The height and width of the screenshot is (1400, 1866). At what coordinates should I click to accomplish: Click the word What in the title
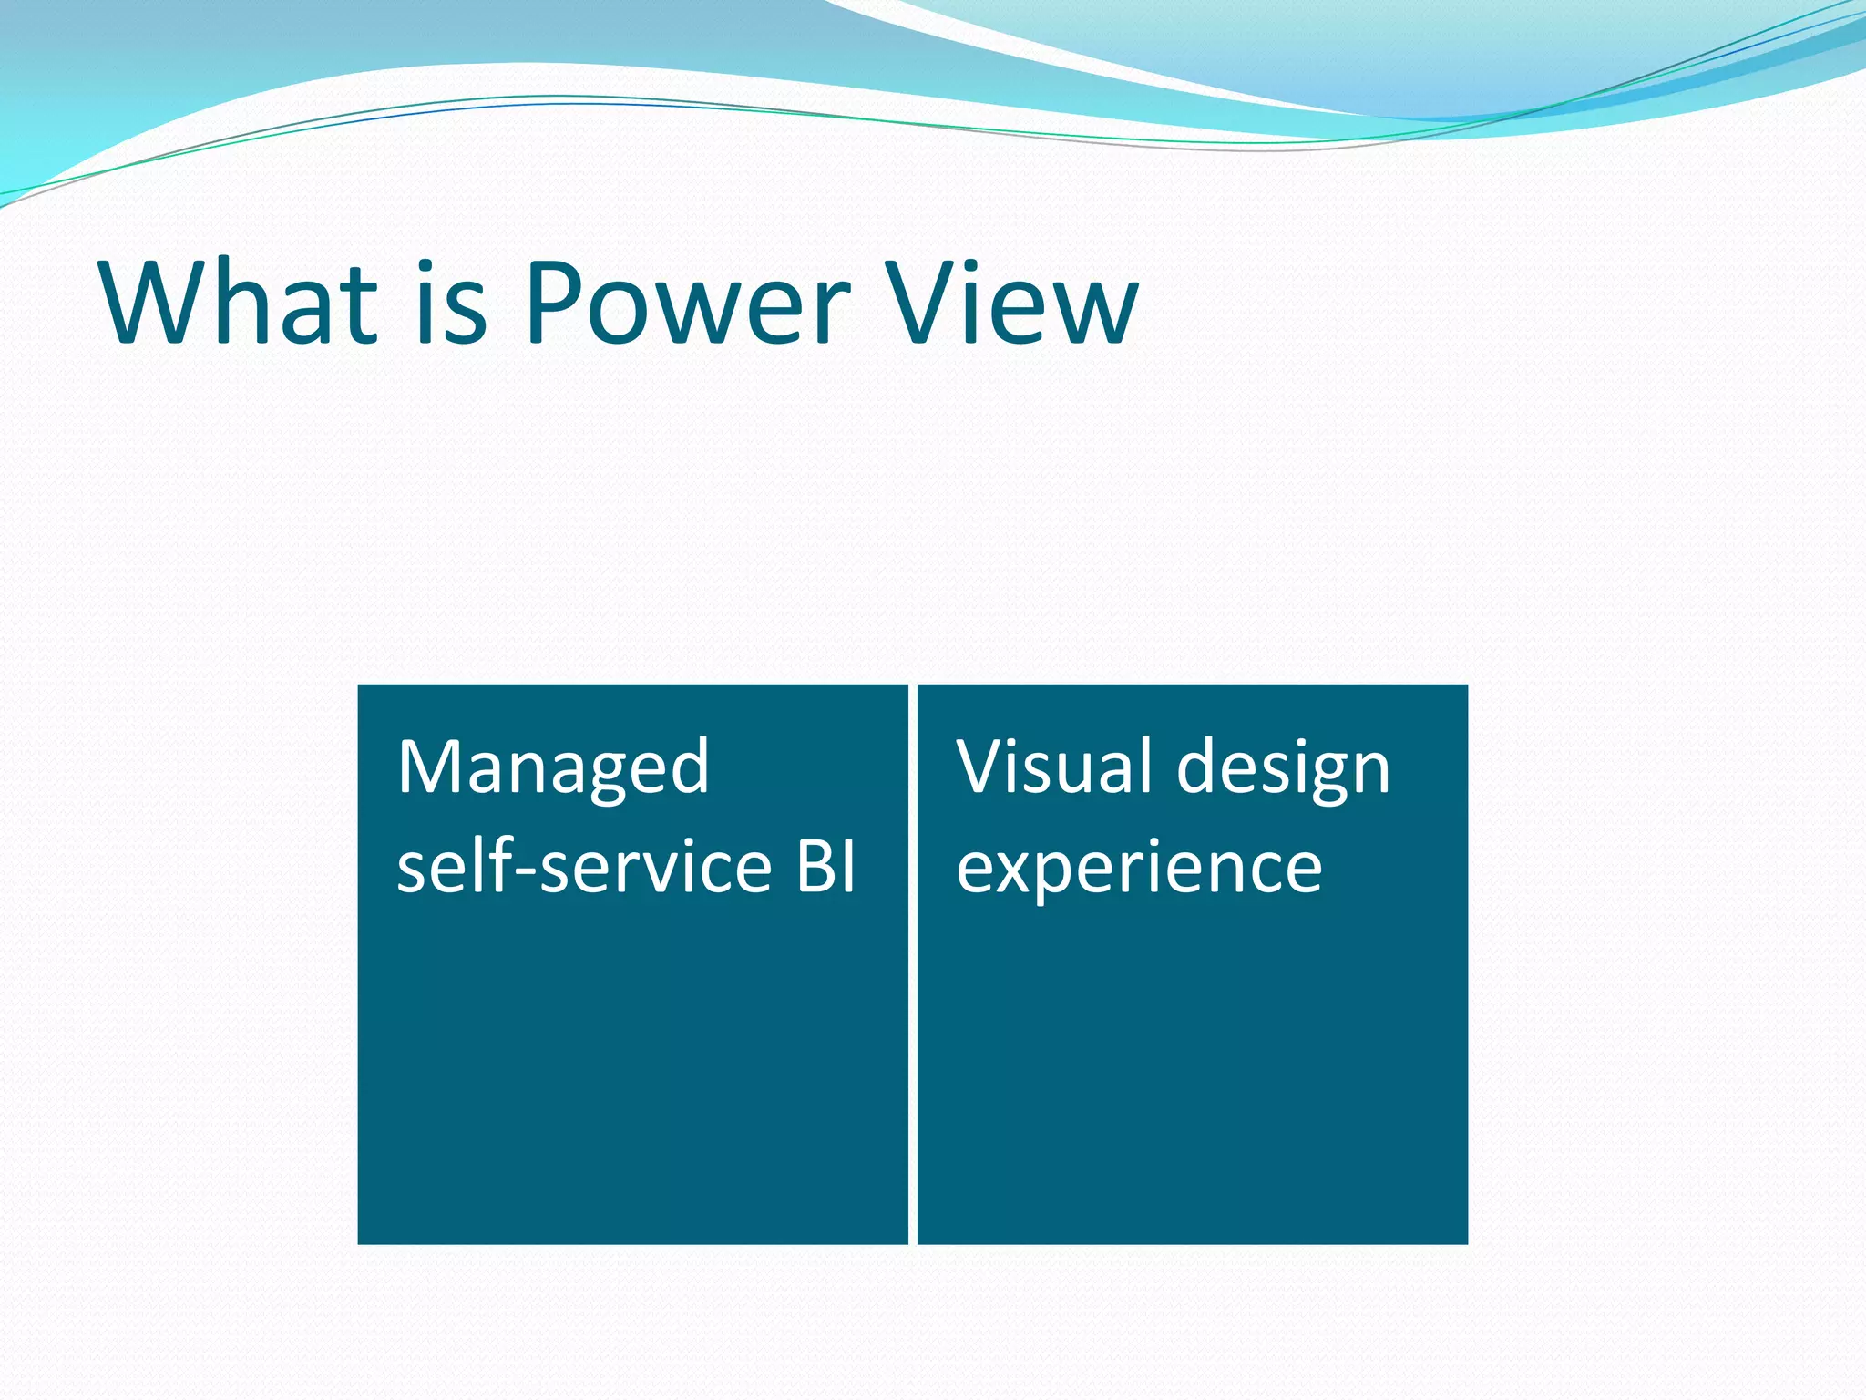pyautogui.click(x=239, y=303)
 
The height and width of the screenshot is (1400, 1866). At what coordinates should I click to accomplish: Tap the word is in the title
pyautogui.click(x=452, y=303)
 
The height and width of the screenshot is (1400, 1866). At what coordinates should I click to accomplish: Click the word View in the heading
pyautogui.click(x=1011, y=303)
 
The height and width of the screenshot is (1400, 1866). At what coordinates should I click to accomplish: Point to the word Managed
pyautogui.click(x=553, y=767)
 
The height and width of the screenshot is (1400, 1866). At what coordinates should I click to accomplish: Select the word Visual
pyautogui.click(x=1057, y=767)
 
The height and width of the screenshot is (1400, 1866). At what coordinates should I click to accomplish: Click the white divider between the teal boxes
pyautogui.click(x=913, y=963)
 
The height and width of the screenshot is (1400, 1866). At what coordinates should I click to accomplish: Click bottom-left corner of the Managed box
pyautogui.click(x=360, y=1241)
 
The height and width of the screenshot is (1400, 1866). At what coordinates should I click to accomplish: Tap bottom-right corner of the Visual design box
pyautogui.click(x=1466, y=1241)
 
